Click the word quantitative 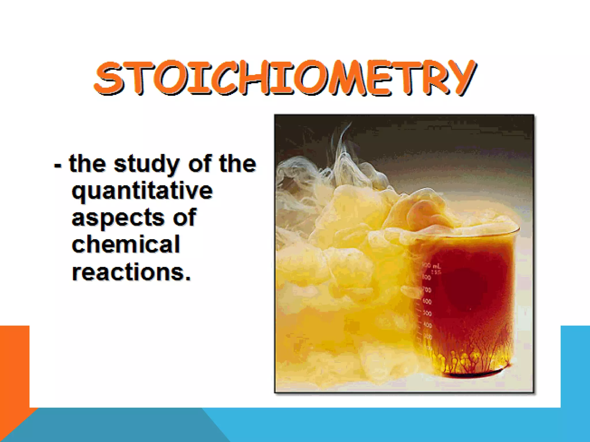coord(142,191)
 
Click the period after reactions coord(188,278)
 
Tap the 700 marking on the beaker coord(427,289)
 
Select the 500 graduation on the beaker coord(428,313)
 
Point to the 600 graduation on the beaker coord(427,302)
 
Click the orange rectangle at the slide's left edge coord(14,365)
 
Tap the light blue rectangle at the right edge coord(575,365)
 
